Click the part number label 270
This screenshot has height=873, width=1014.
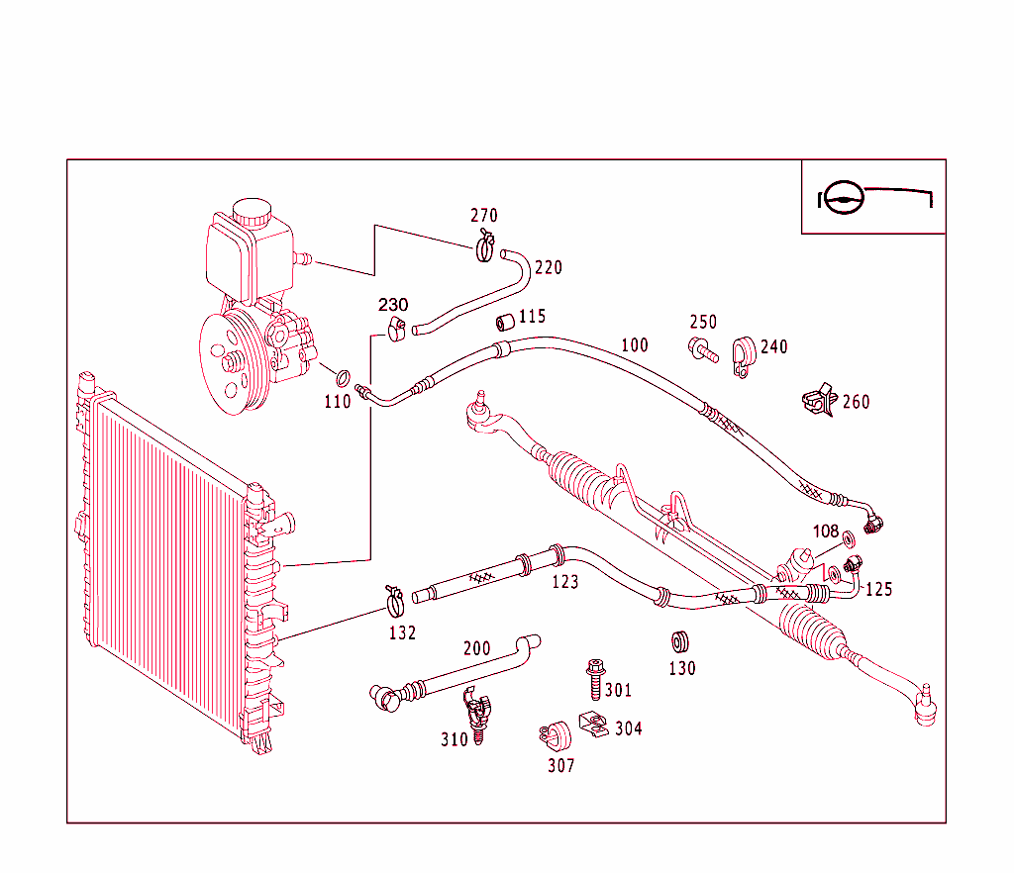(x=483, y=216)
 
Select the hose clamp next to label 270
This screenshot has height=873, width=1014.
(x=484, y=245)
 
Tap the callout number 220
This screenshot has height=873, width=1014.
(x=548, y=267)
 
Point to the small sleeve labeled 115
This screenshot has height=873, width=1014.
(x=504, y=322)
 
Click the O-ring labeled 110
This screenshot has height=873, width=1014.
(x=343, y=378)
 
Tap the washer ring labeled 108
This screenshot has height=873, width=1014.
(x=849, y=540)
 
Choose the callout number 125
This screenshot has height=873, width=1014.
(x=878, y=590)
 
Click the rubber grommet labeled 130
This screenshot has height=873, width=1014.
(x=680, y=639)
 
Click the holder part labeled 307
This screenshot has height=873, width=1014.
(x=558, y=735)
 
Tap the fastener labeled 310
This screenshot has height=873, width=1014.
(x=478, y=715)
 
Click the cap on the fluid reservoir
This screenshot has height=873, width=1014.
(x=252, y=211)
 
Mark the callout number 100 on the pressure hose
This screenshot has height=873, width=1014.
(x=635, y=345)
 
